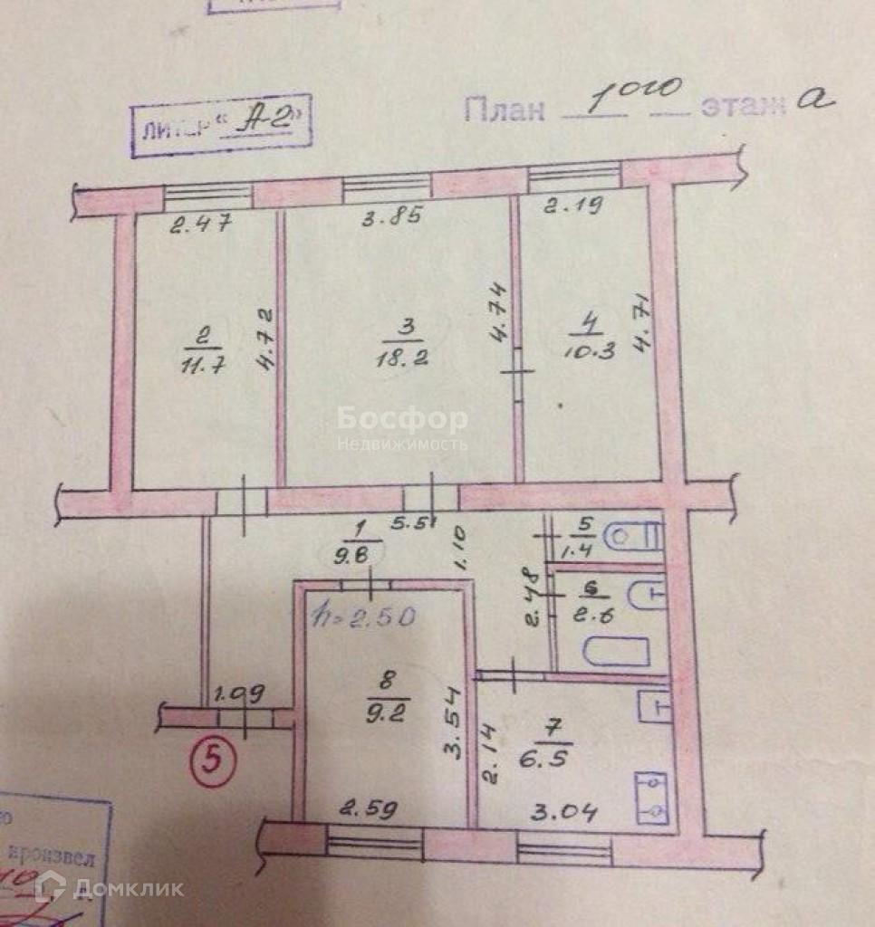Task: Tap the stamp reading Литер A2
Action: pos(221,126)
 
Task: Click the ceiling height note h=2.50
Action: pos(363,617)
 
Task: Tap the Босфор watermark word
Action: pos(402,419)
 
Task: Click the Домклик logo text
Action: pos(127,887)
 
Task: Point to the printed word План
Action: pos(505,110)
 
